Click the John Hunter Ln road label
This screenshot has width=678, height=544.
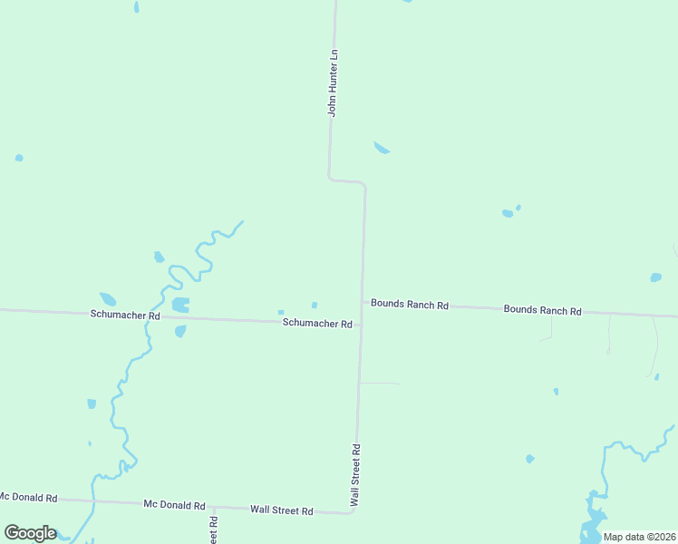coord(333,83)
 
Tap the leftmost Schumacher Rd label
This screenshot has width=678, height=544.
coord(125,315)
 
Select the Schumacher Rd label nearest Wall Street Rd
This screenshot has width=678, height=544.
coord(316,323)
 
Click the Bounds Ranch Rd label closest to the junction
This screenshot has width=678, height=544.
coord(410,306)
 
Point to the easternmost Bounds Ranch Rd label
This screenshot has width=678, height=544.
coord(542,310)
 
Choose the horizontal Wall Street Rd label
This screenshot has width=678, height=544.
coord(281,510)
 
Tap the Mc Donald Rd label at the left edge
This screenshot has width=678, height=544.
coord(28,498)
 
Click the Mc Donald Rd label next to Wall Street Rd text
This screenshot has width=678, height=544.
coord(174,505)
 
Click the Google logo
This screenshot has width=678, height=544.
coord(30,533)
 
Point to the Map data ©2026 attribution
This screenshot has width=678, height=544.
coord(640,537)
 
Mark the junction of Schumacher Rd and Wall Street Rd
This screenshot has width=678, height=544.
coord(361,325)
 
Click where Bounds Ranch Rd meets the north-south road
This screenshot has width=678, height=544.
coord(363,302)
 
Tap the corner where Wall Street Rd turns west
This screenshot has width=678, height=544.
coord(352,512)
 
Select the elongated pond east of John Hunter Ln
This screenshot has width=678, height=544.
coord(382,148)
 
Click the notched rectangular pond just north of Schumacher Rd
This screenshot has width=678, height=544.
coord(180,304)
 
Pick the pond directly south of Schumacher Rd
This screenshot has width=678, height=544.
coord(180,331)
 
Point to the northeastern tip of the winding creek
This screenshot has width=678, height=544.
coord(242,221)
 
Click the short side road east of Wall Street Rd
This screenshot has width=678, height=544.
coord(380,383)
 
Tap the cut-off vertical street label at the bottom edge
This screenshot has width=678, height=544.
coord(214,530)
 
